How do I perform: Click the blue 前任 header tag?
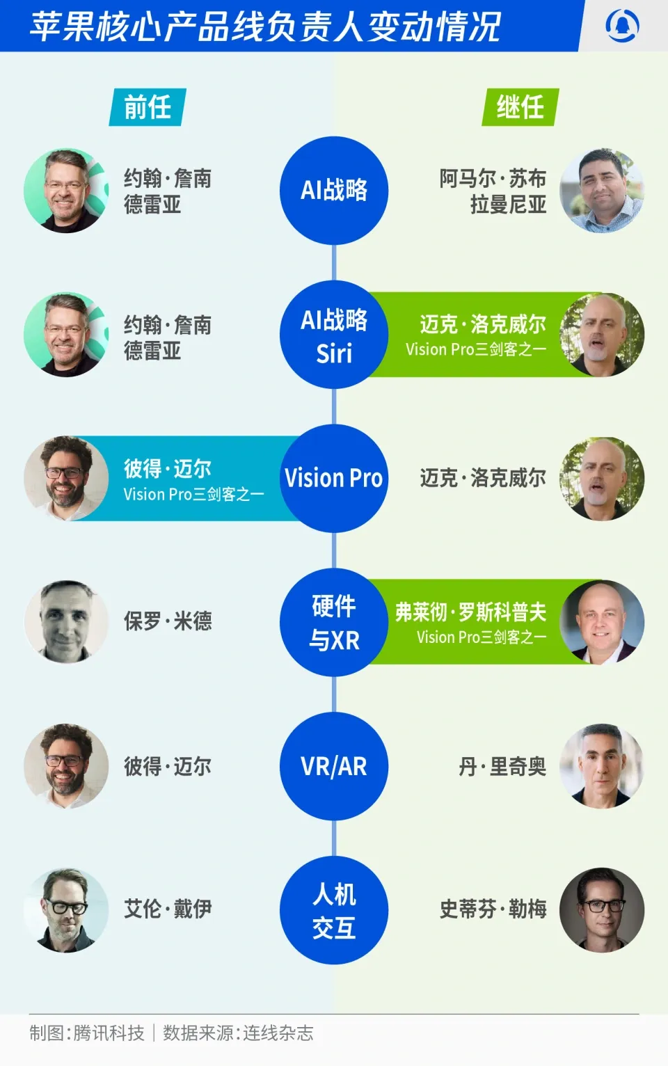(x=148, y=107)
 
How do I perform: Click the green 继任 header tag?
(x=520, y=107)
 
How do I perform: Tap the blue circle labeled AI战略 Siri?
(x=334, y=335)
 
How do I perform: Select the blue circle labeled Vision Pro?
(x=334, y=478)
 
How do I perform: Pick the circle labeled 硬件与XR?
(x=334, y=622)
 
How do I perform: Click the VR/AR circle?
(x=334, y=766)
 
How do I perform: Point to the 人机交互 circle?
(x=334, y=910)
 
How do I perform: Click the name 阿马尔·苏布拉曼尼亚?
(x=493, y=191)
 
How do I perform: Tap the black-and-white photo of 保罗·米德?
(x=67, y=622)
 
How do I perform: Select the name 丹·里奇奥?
(x=502, y=767)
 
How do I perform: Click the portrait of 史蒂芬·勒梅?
(x=602, y=910)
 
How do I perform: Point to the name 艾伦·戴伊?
(x=168, y=909)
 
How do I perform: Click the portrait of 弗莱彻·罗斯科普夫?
(x=602, y=622)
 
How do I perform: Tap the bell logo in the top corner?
(x=622, y=25)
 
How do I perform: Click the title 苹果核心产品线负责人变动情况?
(x=264, y=26)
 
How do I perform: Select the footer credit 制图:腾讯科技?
(x=86, y=1033)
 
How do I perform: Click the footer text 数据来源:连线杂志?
(x=239, y=1033)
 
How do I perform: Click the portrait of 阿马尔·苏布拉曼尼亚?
(x=602, y=191)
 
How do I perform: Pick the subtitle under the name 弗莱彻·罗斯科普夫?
(x=482, y=637)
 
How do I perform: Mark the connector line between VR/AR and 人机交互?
(x=334, y=838)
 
